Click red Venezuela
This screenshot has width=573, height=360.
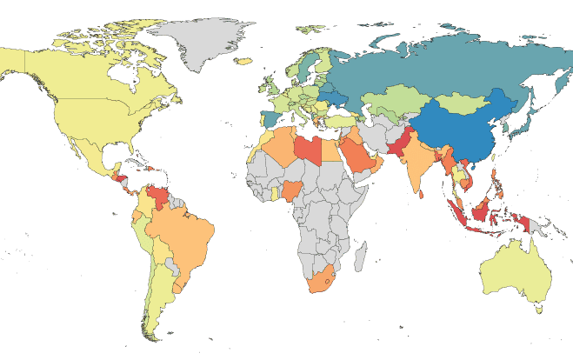[159, 193]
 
